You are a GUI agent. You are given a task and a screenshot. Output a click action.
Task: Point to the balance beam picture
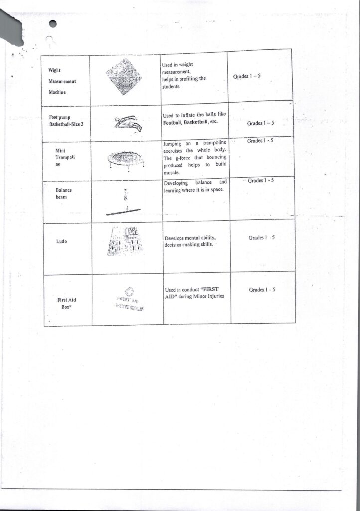pyautogui.click(x=126, y=203)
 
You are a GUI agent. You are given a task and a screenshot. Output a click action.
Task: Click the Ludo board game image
pyautogui.click(x=125, y=242)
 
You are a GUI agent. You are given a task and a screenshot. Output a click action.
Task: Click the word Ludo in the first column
pyautogui.click(x=62, y=242)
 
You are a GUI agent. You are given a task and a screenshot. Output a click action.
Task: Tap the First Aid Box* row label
pyautogui.click(x=66, y=303)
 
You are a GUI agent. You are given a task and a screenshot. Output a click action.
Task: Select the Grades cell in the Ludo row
pyautogui.click(x=262, y=238)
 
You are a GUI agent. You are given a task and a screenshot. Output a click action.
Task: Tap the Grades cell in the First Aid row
pyautogui.click(x=262, y=290)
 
